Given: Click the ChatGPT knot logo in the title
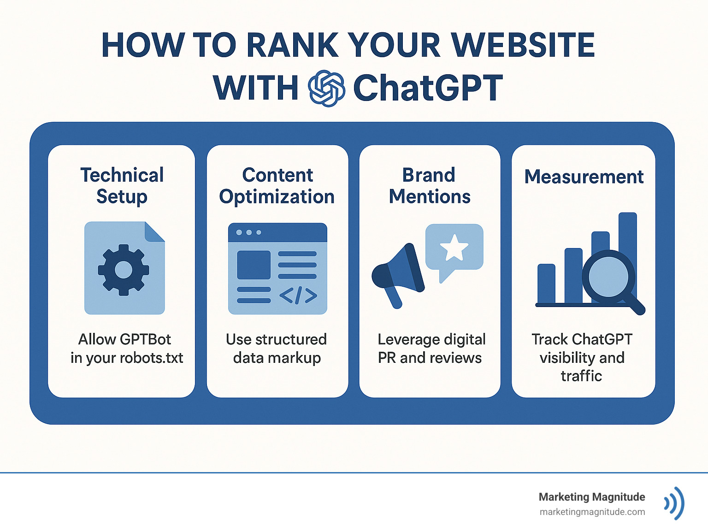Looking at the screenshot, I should tap(326, 89).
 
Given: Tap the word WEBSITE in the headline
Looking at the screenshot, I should tap(523, 45).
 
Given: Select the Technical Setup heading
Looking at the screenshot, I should tap(122, 185).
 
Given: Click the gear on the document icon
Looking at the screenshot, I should tap(123, 270).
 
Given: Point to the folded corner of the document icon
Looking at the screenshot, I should tap(154, 231).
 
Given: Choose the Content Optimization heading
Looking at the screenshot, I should tap(277, 185).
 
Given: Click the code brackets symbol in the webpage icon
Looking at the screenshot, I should tap(298, 296).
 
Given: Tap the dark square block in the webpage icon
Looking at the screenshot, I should tap(254, 265).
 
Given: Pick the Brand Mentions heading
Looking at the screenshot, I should tap(430, 185).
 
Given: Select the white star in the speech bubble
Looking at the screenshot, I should tap(454, 248).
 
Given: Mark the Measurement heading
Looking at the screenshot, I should tap(584, 177).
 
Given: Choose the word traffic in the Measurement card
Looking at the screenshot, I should tap(581, 376).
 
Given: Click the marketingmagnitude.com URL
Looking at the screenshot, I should tap(592, 512).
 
